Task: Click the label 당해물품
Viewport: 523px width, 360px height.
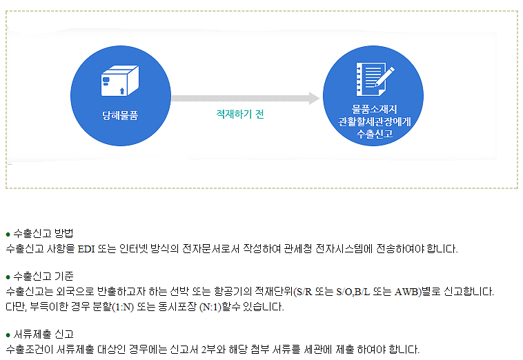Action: pos(120,115)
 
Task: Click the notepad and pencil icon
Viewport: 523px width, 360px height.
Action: pos(374,81)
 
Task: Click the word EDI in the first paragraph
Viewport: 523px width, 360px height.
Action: pos(86,248)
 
